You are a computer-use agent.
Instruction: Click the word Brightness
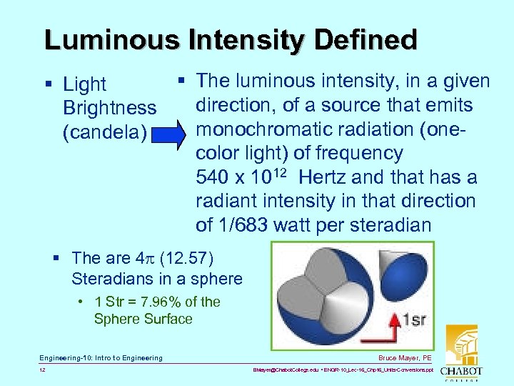109,108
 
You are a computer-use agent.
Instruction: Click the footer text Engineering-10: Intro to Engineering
101,357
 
